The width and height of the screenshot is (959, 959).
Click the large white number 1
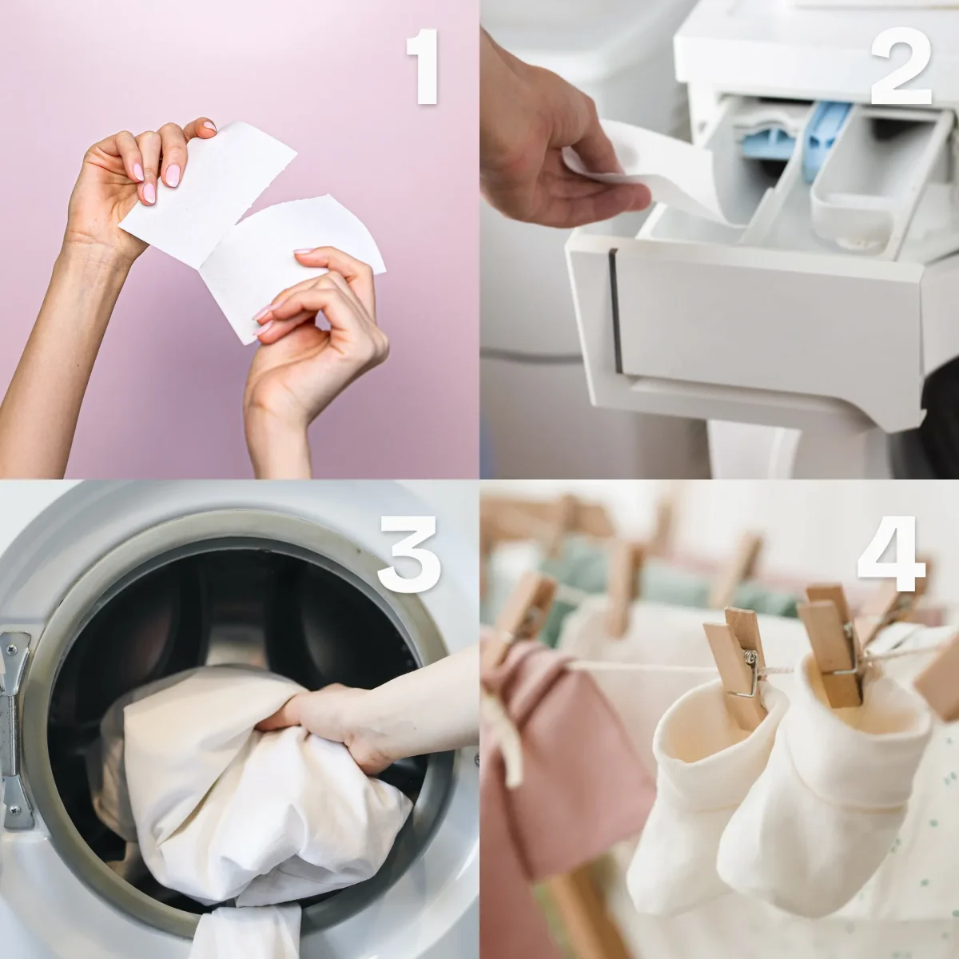click(423, 66)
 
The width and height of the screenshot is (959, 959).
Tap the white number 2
click(901, 66)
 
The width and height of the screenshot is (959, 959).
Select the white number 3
click(409, 554)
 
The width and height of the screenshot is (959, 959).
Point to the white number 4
click(891, 554)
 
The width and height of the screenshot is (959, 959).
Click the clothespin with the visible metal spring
click(737, 662)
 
